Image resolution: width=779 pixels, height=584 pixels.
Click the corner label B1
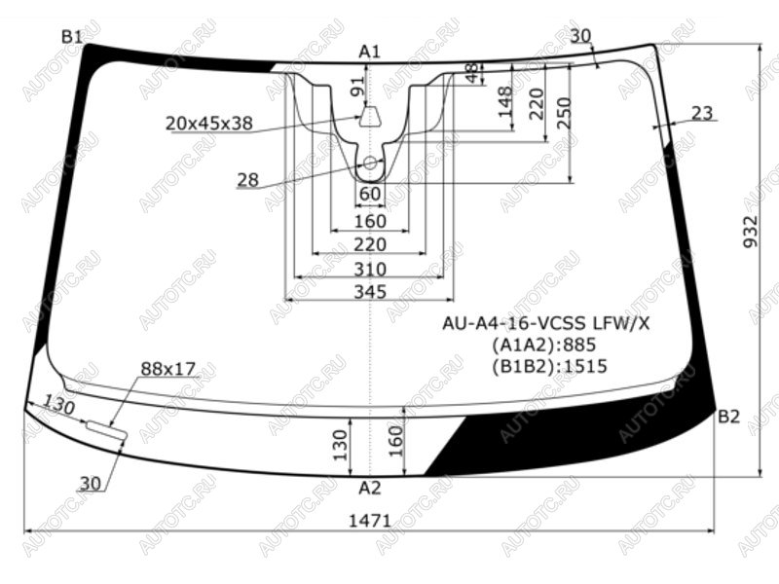coord(71,36)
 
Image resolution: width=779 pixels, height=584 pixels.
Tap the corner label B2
coord(728,417)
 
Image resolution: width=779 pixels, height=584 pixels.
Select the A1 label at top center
coord(370,52)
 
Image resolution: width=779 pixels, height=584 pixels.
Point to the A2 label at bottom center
coord(370,489)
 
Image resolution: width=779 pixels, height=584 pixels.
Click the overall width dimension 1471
coord(370,521)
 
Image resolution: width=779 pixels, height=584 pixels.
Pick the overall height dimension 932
coord(752,231)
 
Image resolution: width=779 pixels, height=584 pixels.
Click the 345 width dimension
coord(370,291)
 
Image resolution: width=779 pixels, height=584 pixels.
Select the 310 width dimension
coord(370,270)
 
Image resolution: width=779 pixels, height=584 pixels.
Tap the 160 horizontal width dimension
coord(370,222)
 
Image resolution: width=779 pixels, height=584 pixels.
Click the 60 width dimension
coord(370,194)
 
